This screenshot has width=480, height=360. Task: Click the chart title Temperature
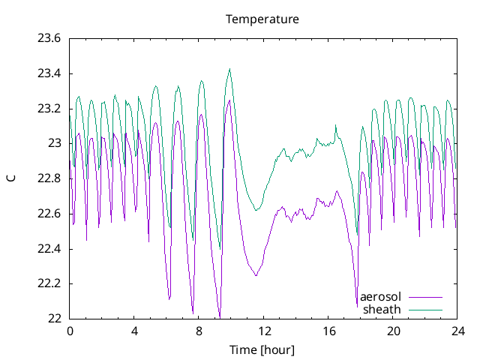coord(262,19)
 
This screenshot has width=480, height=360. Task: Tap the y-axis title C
coord(10,178)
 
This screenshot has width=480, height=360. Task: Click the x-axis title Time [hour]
coord(262,349)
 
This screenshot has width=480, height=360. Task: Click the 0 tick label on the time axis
coord(70,331)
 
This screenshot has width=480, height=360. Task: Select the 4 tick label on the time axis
coord(134,331)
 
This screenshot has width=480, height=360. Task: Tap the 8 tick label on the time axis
coord(199,331)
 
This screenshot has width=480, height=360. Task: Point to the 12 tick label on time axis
coord(264,331)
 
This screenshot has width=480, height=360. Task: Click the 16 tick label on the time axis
coord(328,331)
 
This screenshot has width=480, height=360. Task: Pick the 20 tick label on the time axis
coord(393,331)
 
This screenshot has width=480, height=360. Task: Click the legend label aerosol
coord(381,297)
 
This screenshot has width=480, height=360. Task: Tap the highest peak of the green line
coord(229,69)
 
